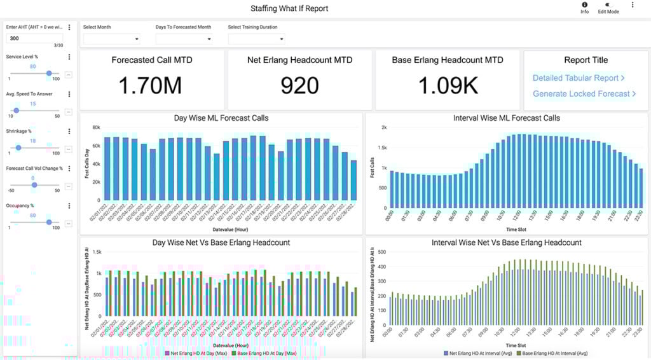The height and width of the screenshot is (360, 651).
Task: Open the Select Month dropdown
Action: (x=111, y=39)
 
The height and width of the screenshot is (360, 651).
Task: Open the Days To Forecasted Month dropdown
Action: (x=184, y=39)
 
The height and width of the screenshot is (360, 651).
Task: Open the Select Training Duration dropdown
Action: (x=256, y=39)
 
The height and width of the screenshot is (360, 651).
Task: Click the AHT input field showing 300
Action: (x=35, y=38)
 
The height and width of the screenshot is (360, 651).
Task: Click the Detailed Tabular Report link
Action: (x=579, y=78)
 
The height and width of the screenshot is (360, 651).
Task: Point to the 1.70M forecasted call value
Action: (x=152, y=86)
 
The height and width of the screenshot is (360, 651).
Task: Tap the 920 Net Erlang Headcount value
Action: (x=299, y=86)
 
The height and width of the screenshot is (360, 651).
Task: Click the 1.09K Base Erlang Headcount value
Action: (x=448, y=86)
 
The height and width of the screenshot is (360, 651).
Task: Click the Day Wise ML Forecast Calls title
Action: (x=221, y=118)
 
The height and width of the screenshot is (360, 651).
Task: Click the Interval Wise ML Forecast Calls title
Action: (x=507, y=118)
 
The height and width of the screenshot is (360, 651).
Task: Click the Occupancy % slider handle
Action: (x=48, y=222)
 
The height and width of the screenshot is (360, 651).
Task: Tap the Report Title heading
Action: (x=586, y=60)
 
